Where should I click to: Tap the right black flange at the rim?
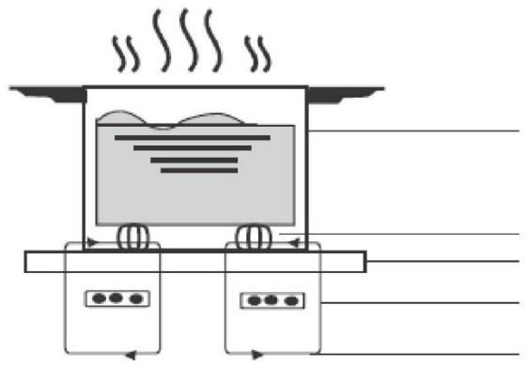[344, 92]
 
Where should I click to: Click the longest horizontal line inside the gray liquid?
[192, 137]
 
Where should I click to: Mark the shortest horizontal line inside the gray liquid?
[194, 171]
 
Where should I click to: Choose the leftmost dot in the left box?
[97, 298]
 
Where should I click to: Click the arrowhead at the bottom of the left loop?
[131, 356]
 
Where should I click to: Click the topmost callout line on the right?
[413, 131]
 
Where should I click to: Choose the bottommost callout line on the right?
[413, 355]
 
